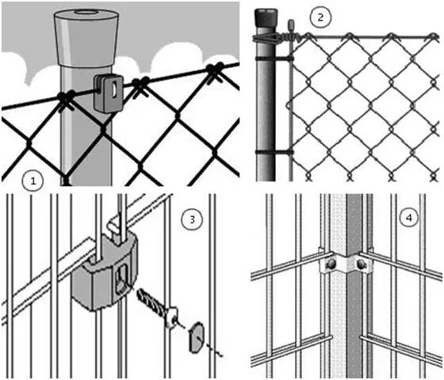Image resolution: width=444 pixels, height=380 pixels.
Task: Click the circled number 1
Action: pyautogui.click(x=33, y=180)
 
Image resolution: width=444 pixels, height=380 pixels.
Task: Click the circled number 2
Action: pyautogui.click(x=320, y=17)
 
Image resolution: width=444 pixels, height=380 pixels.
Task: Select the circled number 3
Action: pyautogui.click(x=192, y=219)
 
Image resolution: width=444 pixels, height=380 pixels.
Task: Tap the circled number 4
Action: pyautogui.click(x=409, y=218)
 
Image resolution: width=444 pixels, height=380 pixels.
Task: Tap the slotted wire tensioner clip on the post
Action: pyautogui.click(x=108, y=93)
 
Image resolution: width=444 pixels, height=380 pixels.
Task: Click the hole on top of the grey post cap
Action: pyautogui.click(x=86, y=12)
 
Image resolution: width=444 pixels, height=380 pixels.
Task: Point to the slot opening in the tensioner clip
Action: pyautogui.click(x=114, y=89)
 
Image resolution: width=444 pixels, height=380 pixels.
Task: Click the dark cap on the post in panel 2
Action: pyautogui.click(x=266, y=17)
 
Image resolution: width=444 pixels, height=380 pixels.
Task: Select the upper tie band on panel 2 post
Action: pyautogui.click(x=274, y=59)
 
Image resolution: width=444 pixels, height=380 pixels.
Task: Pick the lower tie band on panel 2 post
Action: pyautogui.click(x=274, y=152)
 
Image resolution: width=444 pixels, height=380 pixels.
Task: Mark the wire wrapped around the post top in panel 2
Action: pyautogui.click(x=266, y=39)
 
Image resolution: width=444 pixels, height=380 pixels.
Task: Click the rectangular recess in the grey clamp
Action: pyautogui.click(x=123, y=279)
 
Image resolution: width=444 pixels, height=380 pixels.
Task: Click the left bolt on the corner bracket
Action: pyautogui.click(x=331, y=264)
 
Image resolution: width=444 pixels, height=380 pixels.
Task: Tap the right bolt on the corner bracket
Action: pyautogui.click(x=361, y=264)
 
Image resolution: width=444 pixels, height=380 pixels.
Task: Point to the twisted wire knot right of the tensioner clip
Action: pyautogui.click(x=140, y=85)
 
